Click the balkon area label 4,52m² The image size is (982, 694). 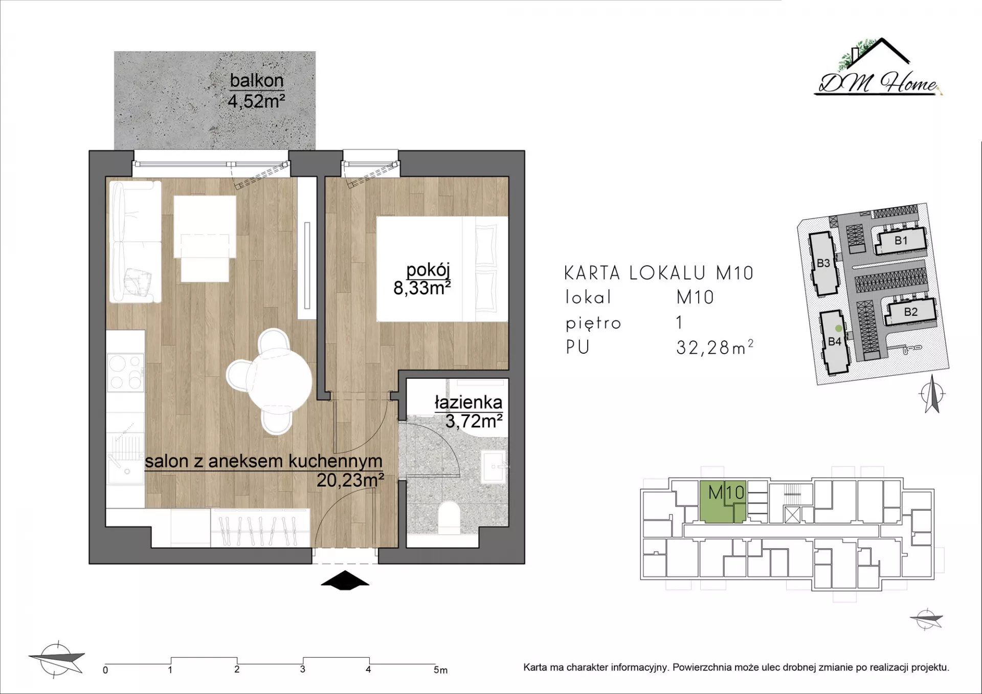(x=256, y=101)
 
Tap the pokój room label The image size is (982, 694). (x=428, y=270)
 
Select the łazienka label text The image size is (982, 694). (x=468, y=402)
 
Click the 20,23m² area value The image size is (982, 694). (x=350, y=480)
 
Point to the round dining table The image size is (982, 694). (x=279, y=380)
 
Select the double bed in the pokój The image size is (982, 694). (x=443, y=269)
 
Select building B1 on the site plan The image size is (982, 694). (x=901, y=241)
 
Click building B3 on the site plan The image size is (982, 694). (x=823, y=264)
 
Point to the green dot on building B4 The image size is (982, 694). (x=838, y=329)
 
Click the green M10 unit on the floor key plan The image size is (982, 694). (x=722, y=502)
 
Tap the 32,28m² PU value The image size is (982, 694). (x=715, y=348)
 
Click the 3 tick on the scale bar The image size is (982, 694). (x=303, y=669)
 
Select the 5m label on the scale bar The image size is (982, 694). (x=440, y=670)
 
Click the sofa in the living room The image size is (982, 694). (x=134, y=242)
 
